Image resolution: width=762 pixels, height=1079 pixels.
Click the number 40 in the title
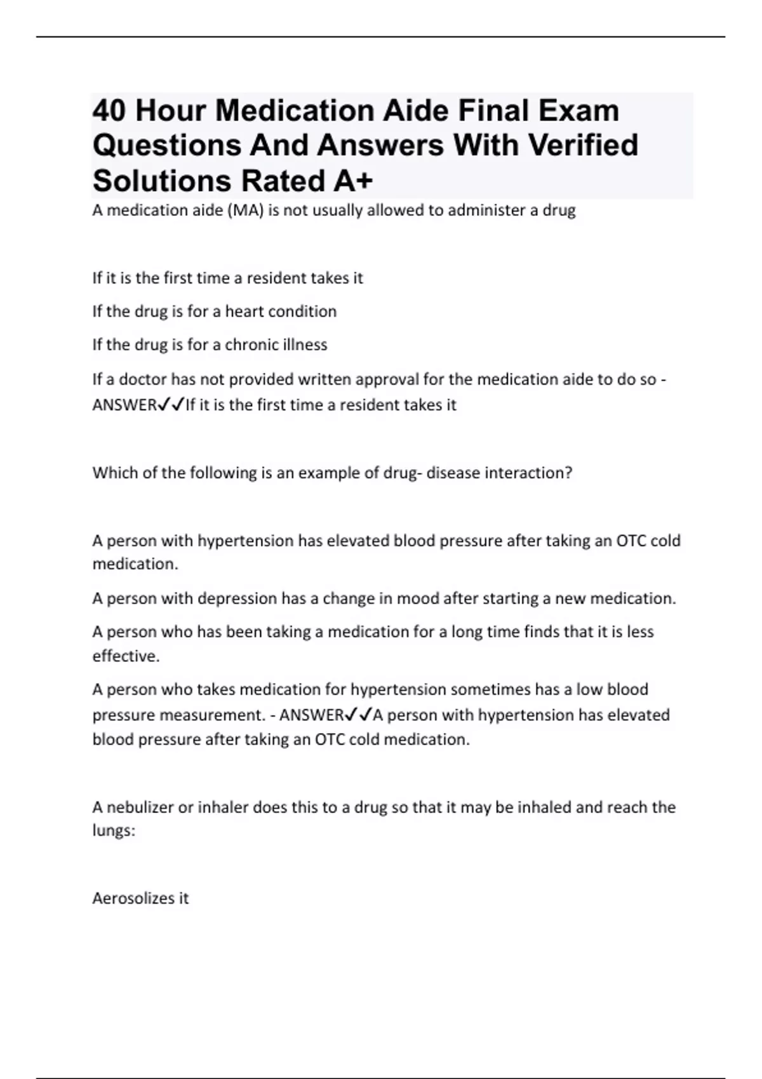pos(109,111)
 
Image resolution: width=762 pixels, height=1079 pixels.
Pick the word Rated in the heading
pos(282,181)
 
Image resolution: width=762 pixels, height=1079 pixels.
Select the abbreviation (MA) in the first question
pos(245,211)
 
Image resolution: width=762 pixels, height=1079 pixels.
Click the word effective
pos(125,656)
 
